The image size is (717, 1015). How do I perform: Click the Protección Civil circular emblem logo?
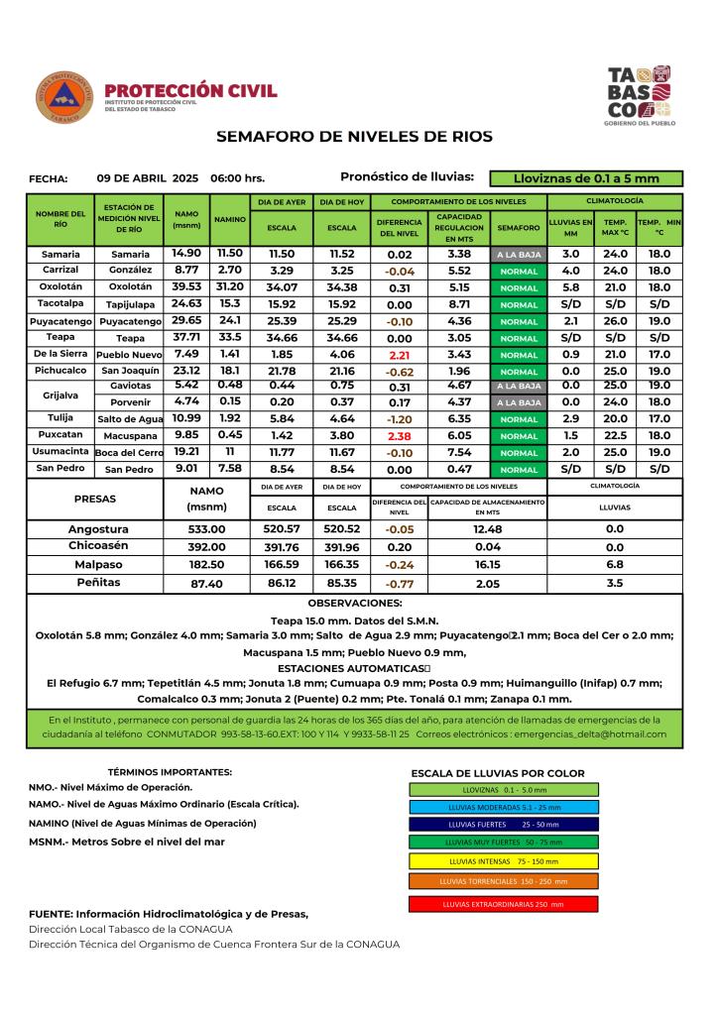64,98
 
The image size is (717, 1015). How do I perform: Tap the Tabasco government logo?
639,95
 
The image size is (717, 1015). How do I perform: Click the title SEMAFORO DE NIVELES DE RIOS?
354,137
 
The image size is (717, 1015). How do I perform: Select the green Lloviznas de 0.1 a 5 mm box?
586,178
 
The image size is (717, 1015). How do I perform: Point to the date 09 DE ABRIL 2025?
148,178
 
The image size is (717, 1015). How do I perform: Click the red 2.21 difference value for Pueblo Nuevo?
400,354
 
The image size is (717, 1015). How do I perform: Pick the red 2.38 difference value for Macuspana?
400,434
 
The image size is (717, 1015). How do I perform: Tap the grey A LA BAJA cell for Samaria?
519,255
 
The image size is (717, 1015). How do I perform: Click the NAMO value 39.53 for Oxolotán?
186,286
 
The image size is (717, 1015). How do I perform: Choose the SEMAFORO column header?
519,227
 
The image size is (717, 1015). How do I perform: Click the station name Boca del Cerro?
129,452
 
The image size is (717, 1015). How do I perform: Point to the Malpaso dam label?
99,563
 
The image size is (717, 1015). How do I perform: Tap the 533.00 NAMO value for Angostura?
208,529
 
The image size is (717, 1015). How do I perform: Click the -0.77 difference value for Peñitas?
400,584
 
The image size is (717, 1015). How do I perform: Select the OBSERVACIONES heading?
354,603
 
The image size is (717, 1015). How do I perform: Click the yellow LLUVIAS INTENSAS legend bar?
503,861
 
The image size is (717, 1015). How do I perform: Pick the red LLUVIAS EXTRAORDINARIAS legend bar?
503,905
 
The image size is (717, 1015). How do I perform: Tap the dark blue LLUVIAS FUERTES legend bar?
503,824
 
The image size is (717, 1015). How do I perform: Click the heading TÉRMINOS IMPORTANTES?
170,771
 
